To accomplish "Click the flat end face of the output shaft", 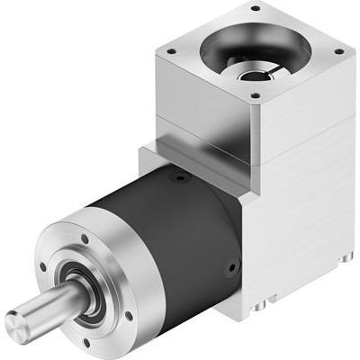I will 19,321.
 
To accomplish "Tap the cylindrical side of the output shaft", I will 45,307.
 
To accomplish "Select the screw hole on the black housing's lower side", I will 234,266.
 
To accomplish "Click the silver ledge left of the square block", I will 149,158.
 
